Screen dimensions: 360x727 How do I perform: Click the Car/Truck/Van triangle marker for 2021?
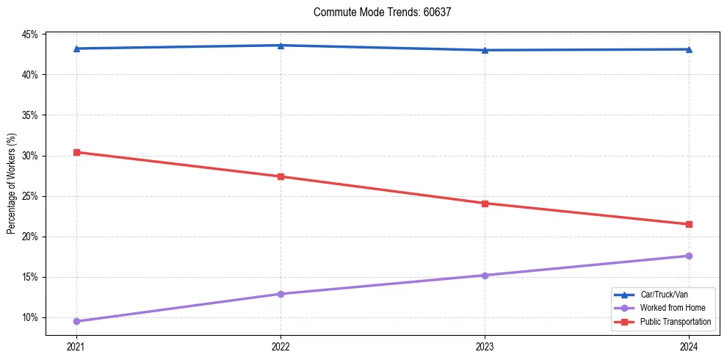(x=76, y=48)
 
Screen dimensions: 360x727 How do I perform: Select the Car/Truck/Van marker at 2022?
(x=281, y=46)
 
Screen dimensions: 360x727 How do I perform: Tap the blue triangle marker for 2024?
(x=689, y=49)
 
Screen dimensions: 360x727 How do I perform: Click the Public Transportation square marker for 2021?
(x=76, y=152)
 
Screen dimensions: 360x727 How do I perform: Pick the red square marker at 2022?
(x=281, y=176)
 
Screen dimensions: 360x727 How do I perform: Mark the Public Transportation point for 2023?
(x=485, y=204)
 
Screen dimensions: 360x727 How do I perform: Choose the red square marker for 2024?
(x=689, y=224)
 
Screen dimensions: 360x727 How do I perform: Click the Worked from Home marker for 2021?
(x=76, y=321)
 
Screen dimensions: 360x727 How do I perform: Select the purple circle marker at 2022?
(x=281, y=294)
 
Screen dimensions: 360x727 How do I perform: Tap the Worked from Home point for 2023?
(x=485, y=276)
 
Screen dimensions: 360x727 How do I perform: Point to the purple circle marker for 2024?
(x=689, y=256)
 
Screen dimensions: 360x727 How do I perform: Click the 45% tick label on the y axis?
(x=29, y=35)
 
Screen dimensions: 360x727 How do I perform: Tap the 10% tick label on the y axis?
(x=29, y=317)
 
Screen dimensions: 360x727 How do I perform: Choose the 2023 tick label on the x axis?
(x=485, y=345)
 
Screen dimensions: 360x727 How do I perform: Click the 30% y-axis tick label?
(x=29, y=156)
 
